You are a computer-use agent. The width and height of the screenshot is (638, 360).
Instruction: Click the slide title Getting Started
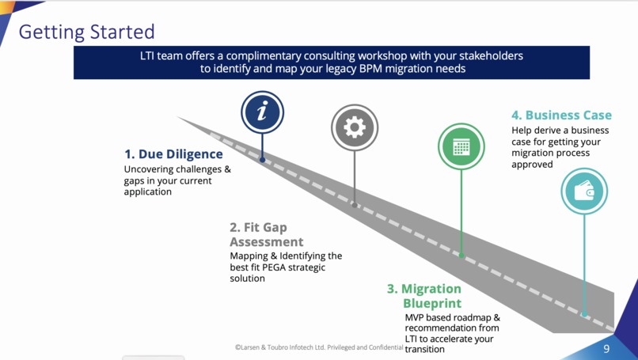86,32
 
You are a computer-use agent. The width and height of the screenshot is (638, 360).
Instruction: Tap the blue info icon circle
262,112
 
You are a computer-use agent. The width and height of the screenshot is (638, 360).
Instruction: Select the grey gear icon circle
354,127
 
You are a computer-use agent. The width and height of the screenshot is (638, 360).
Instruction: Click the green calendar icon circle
461,146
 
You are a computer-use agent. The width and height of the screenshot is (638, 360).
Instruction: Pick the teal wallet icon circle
584,191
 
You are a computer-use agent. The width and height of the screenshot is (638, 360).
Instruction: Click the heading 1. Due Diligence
173,154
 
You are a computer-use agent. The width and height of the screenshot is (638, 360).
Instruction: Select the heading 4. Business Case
561,115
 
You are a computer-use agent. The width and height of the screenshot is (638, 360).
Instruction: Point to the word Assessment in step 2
267,242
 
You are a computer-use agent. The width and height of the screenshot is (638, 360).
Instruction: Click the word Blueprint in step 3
431,303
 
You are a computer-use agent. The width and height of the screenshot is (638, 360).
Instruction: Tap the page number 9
606,349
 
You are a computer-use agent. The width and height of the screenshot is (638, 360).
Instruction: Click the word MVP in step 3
416,317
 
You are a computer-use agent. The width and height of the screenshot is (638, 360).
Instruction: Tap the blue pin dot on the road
262,160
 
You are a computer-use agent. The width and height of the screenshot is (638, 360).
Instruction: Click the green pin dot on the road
461,256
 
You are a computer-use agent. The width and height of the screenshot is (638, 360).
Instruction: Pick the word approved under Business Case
532,164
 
